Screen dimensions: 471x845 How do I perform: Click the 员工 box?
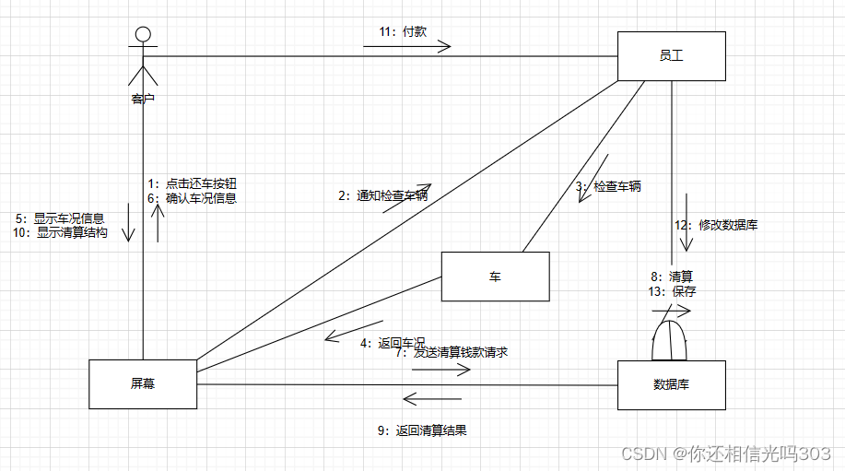tap(671, 56)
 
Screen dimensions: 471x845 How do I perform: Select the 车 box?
tap(495, 277)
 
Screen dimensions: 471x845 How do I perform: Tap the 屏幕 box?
tap(143, 383)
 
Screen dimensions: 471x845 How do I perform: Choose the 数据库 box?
tap(671, 384)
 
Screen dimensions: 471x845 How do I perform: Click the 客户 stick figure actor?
tap(141, 60)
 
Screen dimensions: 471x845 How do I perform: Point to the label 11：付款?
tap(403, 31)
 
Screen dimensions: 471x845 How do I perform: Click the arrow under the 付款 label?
tap(406, 47)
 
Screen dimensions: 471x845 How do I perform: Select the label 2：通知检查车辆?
tap(382, 195)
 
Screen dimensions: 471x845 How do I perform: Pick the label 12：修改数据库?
tap(716, 225)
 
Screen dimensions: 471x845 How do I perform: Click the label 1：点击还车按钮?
tap(198, 183)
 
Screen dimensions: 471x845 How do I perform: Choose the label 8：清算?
tap(672, 276)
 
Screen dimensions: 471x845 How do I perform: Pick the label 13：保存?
tap(673, 291)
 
